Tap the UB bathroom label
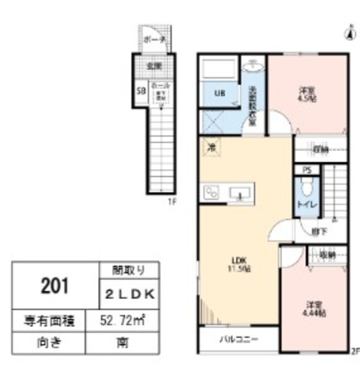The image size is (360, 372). click(x=220, y=93)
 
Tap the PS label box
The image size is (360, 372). click(x=306, y=170)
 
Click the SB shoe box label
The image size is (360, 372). click(x=140, y=91)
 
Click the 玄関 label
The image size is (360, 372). click(x=153, y=65)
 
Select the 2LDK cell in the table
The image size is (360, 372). click(x=129, y=295)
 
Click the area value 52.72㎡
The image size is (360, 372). click(x=124, y=319)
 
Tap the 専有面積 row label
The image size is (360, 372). click(x=48, y=319)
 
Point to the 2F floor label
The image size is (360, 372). click(x=355, y=351)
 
